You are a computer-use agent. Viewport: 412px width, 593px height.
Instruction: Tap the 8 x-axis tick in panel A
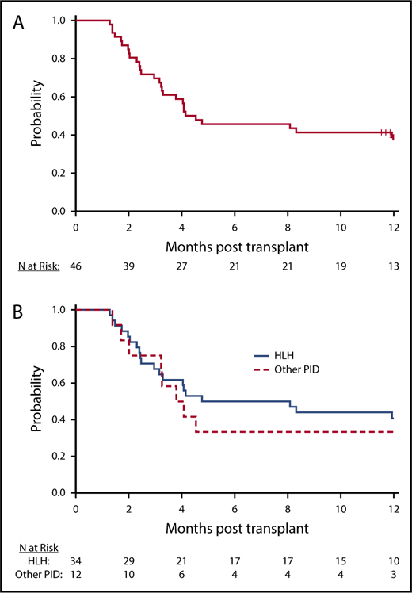pyautogui.click(x=288, y=226)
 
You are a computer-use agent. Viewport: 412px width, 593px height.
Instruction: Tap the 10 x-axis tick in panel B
pyautogui.click(x=341, y=507)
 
